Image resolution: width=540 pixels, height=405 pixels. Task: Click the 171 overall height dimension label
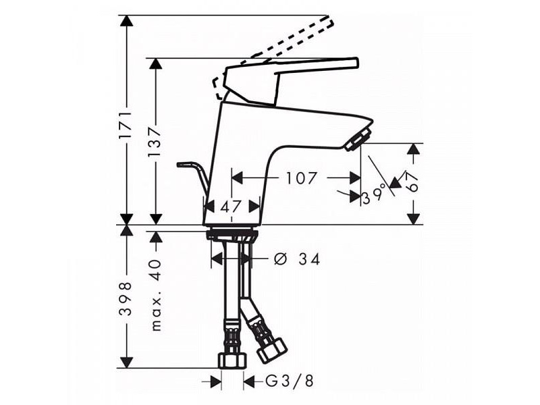(126, 124)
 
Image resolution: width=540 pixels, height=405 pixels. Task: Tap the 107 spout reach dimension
(302, 178)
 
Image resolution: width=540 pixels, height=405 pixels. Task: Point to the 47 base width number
(231, 207)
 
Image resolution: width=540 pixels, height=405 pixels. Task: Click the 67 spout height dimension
(412, 182)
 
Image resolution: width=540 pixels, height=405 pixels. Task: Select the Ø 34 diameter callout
(297, 259)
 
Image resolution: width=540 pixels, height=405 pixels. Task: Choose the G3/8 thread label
(290, 381)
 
